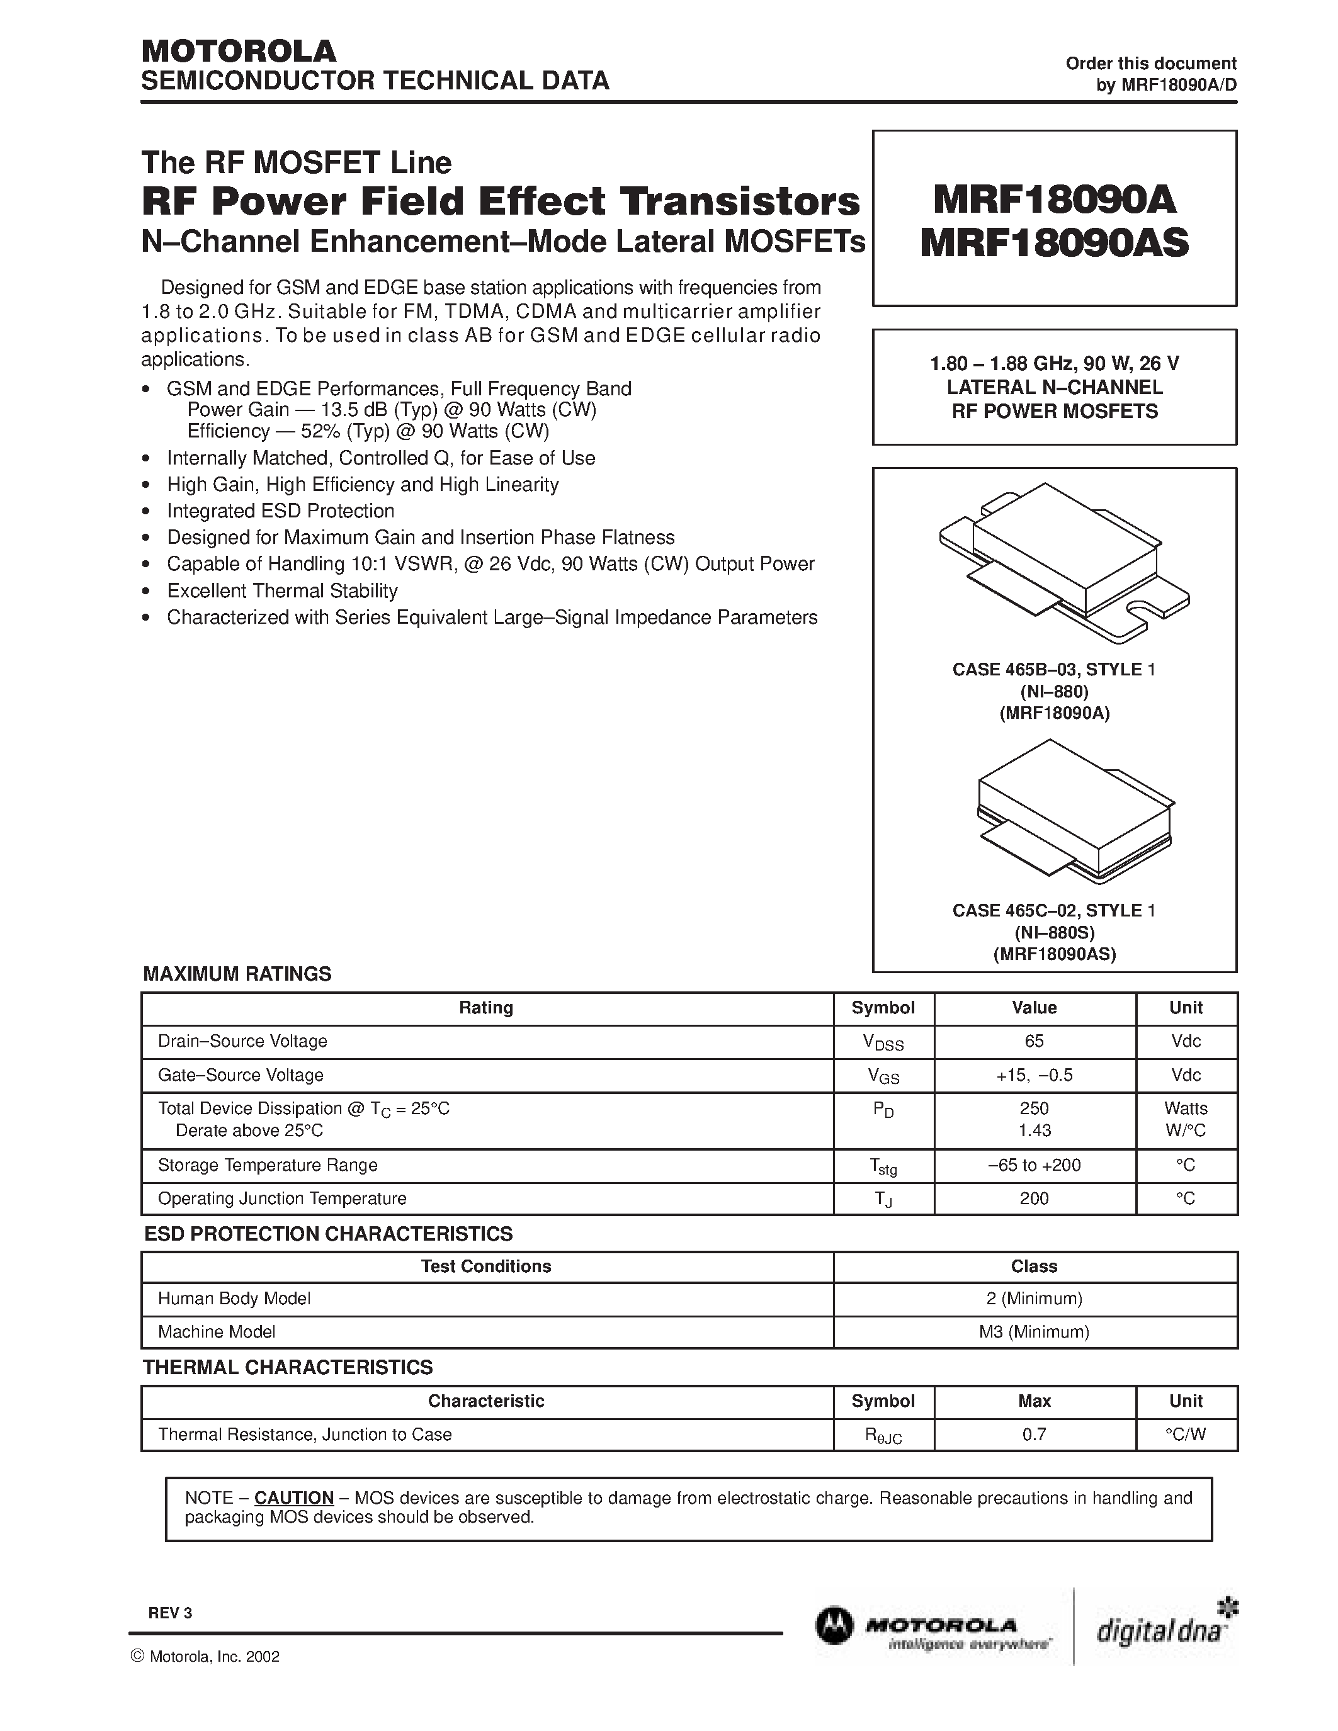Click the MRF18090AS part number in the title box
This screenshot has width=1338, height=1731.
1053,244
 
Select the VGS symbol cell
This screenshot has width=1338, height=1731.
883,1076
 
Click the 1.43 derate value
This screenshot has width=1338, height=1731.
1034,1131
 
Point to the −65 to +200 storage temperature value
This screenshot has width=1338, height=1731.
1034,1165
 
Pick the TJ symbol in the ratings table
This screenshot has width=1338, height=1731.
883,1199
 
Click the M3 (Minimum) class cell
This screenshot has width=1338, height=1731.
1034,1331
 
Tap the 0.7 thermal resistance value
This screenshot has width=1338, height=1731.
1034,1435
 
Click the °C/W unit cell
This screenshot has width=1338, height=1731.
1185,1435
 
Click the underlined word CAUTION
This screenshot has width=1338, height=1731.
293,1498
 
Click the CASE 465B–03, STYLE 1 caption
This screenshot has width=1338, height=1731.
1053,670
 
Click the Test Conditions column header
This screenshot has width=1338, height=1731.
486,1266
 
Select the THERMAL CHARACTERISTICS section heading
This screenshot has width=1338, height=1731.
288,1367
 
